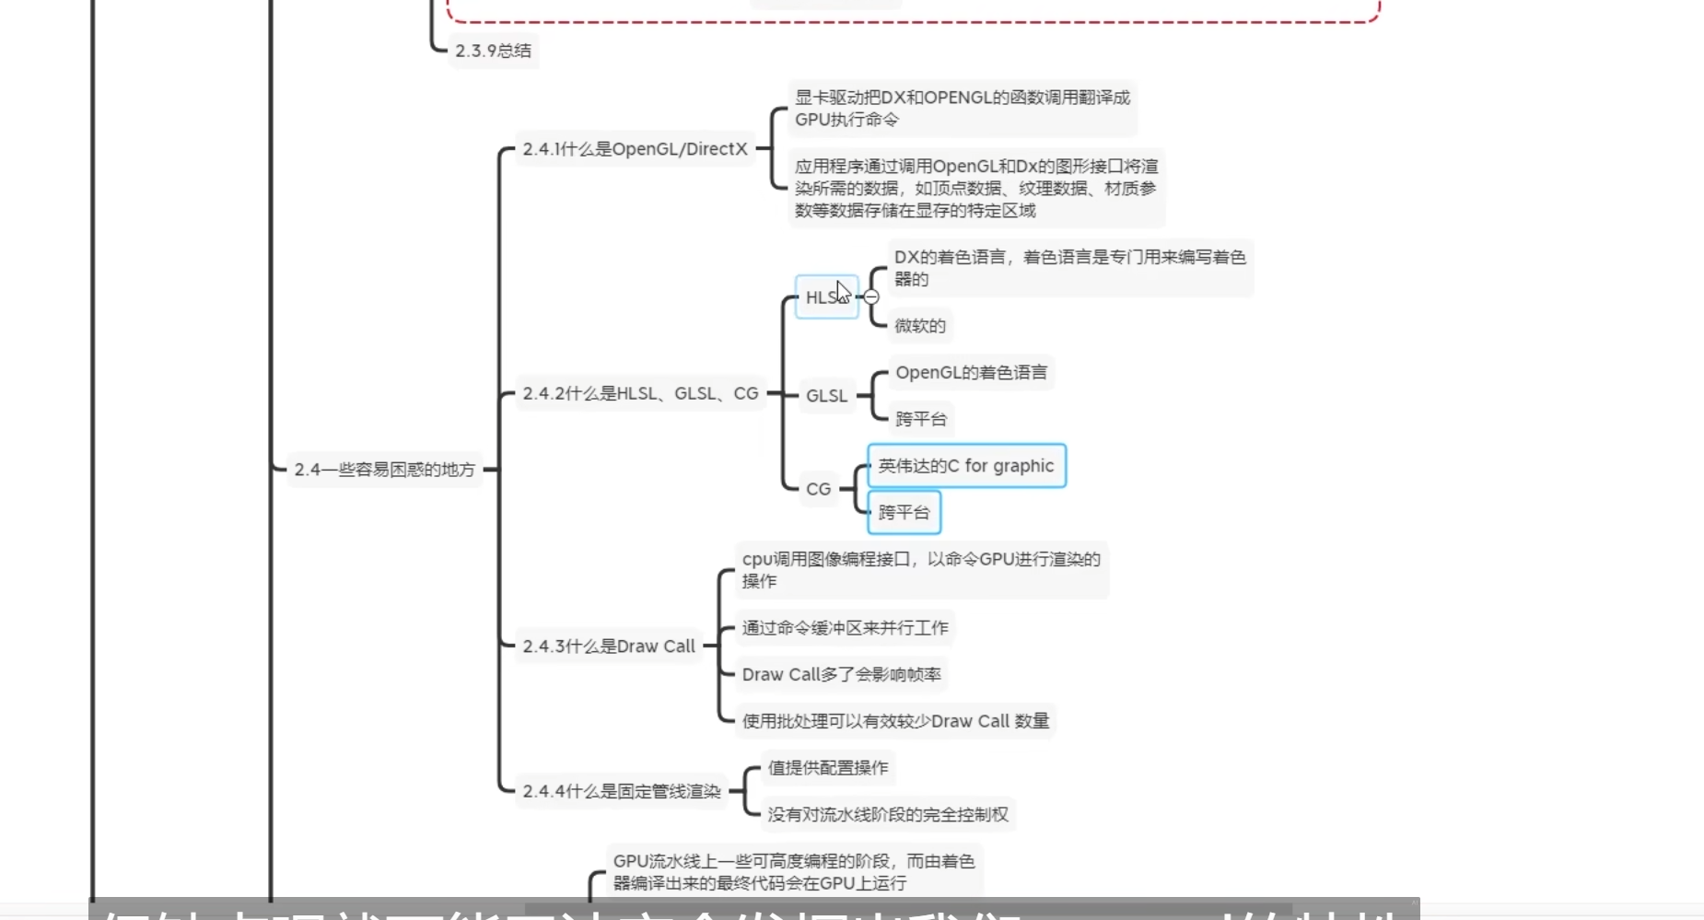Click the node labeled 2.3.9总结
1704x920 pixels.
pos(493,51)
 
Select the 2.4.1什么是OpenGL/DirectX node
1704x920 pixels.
pos(635,149)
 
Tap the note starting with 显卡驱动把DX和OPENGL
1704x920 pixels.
pos(962,109)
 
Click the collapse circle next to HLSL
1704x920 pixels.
pos(871,297)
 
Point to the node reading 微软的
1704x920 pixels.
pos(919,326)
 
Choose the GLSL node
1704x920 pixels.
pos(826,396)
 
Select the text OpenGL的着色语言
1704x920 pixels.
pos(971,373)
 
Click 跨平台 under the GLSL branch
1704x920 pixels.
pos(921,419)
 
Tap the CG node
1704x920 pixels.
pos(818,489)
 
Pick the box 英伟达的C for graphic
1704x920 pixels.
pos(965,466)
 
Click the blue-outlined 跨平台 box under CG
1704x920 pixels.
pos(904,513)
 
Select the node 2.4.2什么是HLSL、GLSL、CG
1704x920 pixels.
pos(640,394)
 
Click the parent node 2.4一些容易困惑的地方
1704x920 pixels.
pos(384,470)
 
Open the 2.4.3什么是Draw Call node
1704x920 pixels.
pos(609,646)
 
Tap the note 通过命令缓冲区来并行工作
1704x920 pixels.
pos(845,628)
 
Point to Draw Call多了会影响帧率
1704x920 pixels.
pos(841,675)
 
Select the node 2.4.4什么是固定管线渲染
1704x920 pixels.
pos(622,791)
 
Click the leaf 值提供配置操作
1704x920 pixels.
pos(827,768)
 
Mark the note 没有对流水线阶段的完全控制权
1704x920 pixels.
pos(888,815)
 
